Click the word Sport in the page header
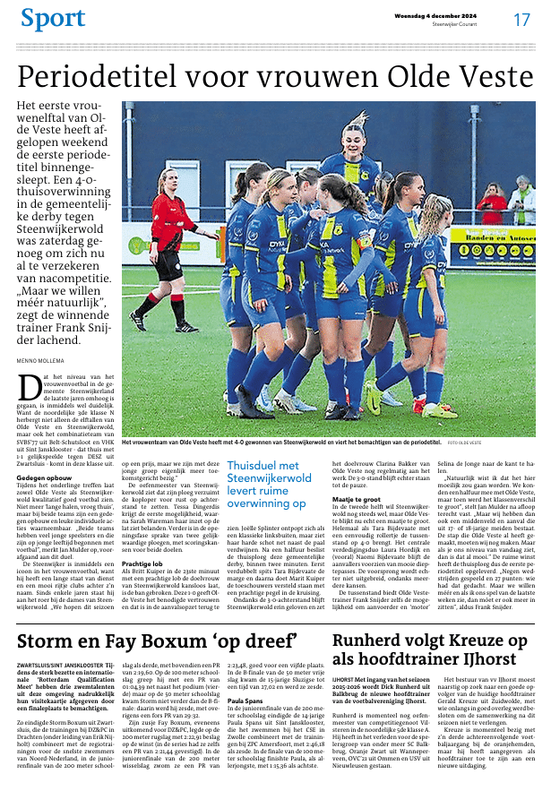pyautogui.click(x=52, y=18)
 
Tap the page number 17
pyautogui.click(x=521, y=19)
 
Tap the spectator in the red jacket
pyautogui.click(x=491, y=205)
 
